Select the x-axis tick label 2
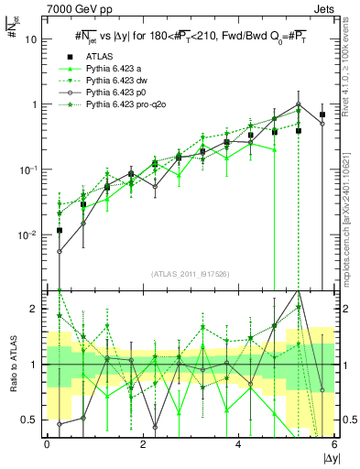(x=143, y=444)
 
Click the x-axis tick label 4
(x=239, y=444)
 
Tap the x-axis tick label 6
(x=334, y=444)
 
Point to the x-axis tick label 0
(x=47, y=444)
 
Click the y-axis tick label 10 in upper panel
(x=32, y=39)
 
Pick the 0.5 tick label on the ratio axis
(x=30, y=420)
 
